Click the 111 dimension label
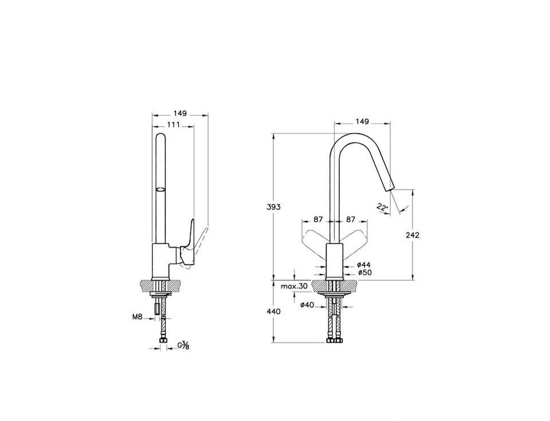173,124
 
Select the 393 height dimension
274,207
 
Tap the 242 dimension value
412,235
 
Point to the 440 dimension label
274,311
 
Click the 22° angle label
383,207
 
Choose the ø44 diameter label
363,265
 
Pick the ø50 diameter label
365,272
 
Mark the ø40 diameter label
307,305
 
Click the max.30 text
294,286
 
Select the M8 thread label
137,317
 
